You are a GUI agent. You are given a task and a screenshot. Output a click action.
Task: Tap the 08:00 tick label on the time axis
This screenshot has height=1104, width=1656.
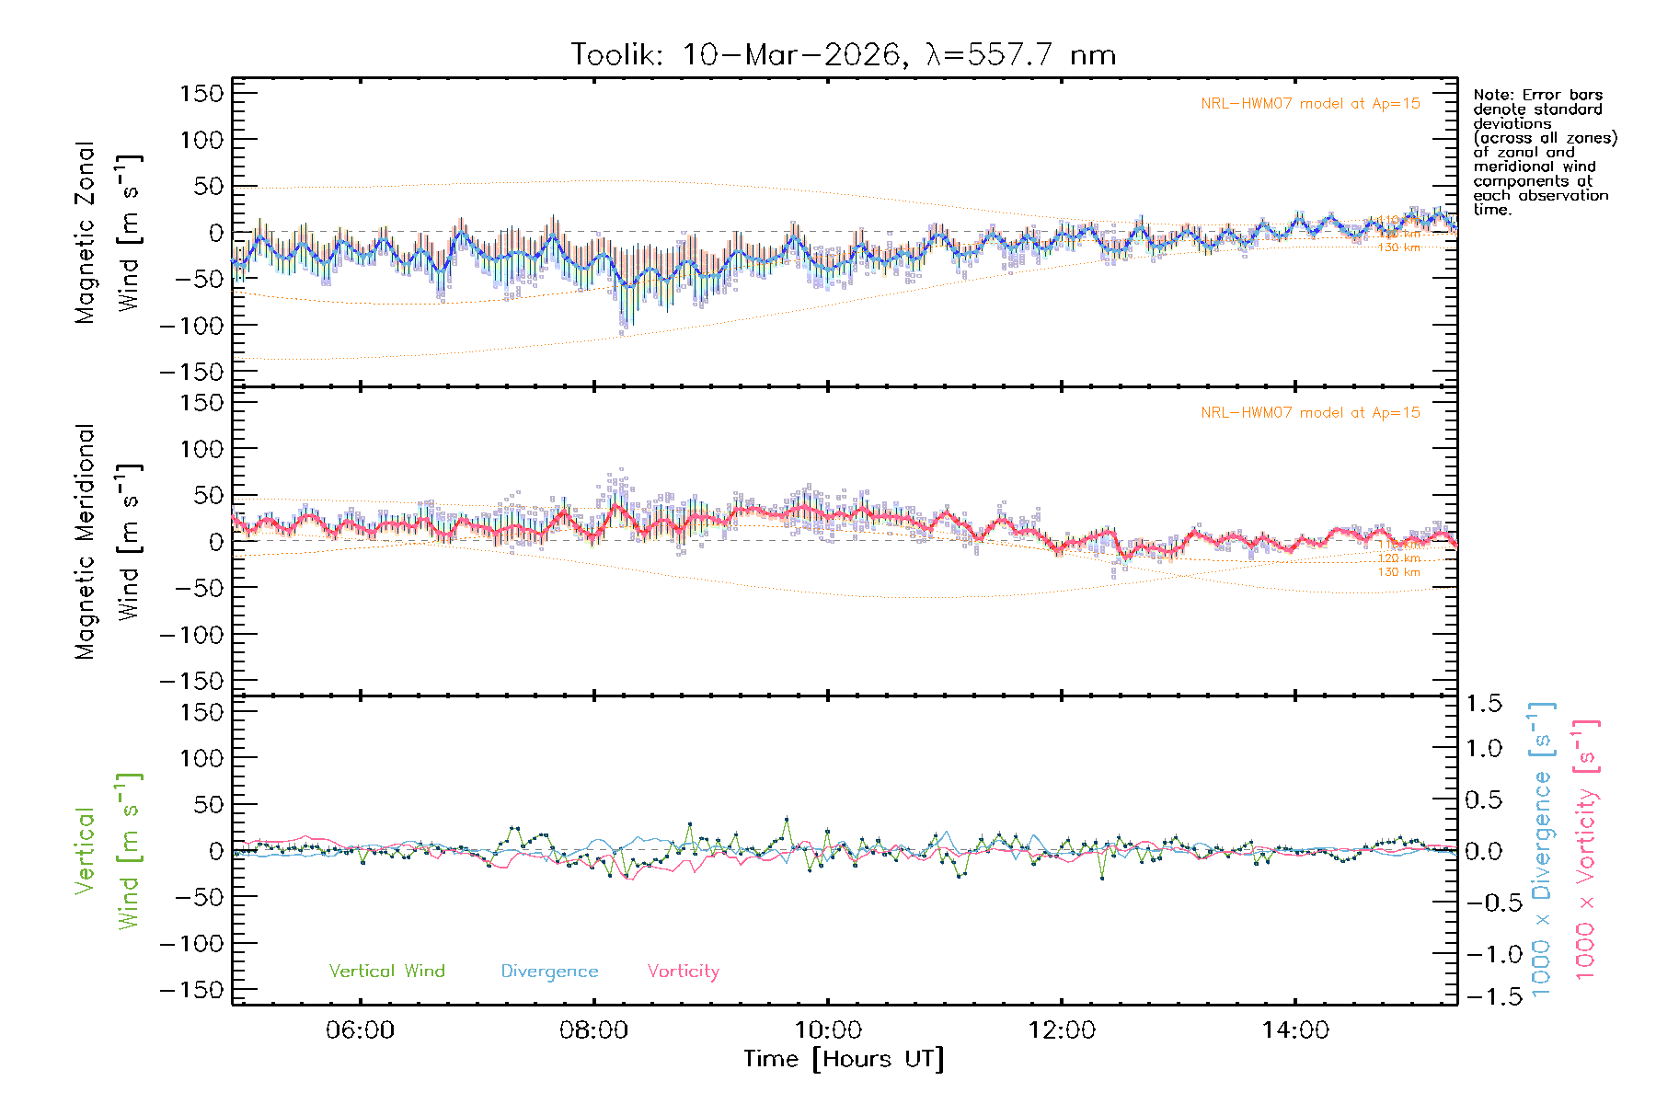click(593, 1030)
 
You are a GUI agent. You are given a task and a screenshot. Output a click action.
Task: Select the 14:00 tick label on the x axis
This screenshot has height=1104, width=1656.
click(1294, 1030)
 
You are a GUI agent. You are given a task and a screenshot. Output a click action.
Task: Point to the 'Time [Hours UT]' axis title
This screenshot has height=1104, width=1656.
click(844, 1059)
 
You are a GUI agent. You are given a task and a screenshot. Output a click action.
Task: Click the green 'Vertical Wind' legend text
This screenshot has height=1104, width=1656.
click(386, 971)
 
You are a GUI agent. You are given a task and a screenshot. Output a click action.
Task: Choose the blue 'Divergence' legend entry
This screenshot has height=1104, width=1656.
click(549, 972)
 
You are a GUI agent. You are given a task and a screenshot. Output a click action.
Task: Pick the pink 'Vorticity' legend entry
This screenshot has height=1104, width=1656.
click(683, 971)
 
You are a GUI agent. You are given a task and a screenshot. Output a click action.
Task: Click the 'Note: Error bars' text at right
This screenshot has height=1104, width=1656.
click(1538, 96)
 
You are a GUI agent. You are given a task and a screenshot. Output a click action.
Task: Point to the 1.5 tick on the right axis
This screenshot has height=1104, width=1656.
click(1484, 704)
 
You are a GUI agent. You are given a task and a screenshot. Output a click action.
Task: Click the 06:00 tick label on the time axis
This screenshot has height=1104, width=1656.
click(360, 1030)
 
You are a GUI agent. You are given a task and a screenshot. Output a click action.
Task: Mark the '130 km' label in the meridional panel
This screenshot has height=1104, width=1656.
click(1398, 572)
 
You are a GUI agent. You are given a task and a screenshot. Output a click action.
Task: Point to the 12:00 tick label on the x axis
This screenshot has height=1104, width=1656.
click(1061, 1030)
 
